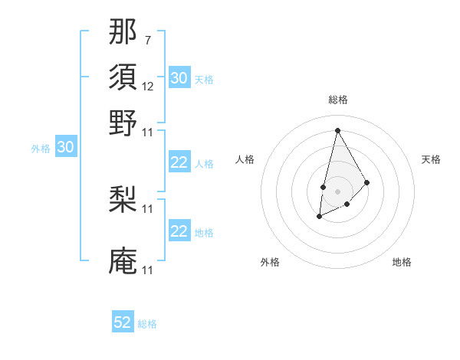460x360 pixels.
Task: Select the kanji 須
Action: [123, 79]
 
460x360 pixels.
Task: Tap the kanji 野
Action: [123, 123]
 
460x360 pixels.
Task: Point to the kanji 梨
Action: [123, 201]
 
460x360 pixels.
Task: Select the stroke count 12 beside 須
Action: [148, 87]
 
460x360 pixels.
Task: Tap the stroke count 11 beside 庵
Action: [148, 270]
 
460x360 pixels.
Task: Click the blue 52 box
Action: [123, 322]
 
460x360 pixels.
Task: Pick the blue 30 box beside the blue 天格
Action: [179, 78]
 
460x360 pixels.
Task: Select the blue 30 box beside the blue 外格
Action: [65, 148]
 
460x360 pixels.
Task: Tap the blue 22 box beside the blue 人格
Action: [179, 162]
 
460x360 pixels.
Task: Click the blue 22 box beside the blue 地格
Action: [179, 231]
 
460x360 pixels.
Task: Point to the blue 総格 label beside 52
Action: [147, 324]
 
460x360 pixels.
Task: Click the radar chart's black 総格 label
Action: [337, 100]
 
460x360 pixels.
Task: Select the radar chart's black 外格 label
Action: [270, 262]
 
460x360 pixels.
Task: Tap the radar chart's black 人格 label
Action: [245, 159]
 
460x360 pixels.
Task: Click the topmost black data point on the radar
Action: [337, 130]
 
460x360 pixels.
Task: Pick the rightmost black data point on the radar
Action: [367, 182]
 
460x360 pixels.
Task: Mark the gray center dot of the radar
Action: [337, 190]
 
